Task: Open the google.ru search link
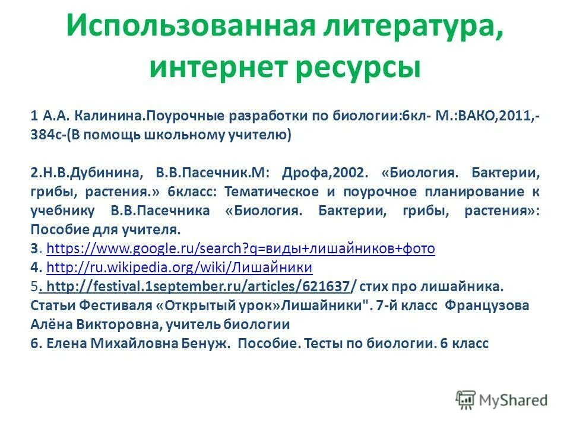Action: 240,248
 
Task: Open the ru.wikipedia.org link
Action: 179,267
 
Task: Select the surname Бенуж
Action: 204,343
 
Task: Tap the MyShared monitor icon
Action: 467,399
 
